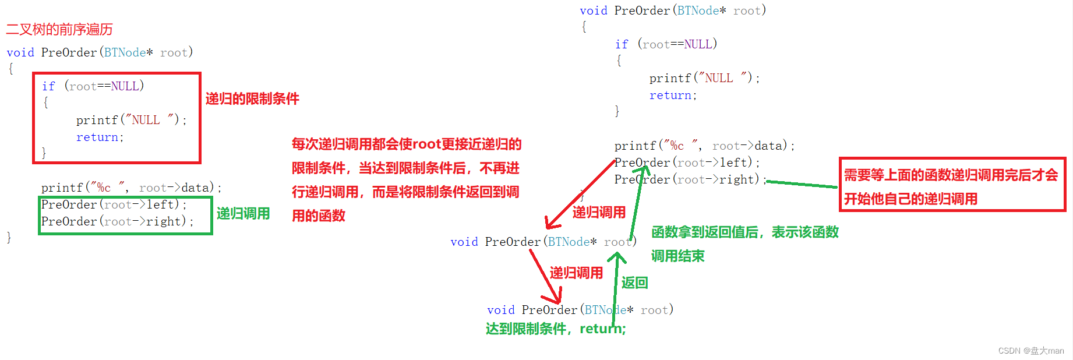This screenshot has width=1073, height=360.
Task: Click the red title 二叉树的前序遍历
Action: (59, 29)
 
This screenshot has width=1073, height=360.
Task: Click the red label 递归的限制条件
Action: (252, 98)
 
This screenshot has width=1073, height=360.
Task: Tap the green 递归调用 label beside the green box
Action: (243, 214)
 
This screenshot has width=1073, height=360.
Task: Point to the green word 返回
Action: (634, 283)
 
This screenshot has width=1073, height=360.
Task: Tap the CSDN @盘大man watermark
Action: (1030, 351)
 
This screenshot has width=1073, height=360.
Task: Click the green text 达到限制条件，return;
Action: (556, 329)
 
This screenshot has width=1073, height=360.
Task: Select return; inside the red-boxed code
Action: (100, 137)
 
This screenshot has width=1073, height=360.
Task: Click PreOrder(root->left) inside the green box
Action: (114, 204)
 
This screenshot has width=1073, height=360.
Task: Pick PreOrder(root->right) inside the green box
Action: (117, 221)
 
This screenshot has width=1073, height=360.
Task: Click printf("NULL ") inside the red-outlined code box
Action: (131, 120)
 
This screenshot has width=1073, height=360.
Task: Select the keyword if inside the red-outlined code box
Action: (48, 86)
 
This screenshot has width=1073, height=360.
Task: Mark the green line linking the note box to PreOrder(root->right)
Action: (802, 184)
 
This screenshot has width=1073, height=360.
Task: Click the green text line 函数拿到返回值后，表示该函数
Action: (744, 232)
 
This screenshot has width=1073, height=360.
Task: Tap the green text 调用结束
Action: (677, 256)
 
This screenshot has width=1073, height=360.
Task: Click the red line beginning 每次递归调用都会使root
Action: (407, 144)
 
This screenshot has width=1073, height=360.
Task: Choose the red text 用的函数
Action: (318, 216)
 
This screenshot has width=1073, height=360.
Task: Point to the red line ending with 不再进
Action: (405, 168)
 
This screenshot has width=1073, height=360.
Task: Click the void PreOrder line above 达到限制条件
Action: (580, 310)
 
